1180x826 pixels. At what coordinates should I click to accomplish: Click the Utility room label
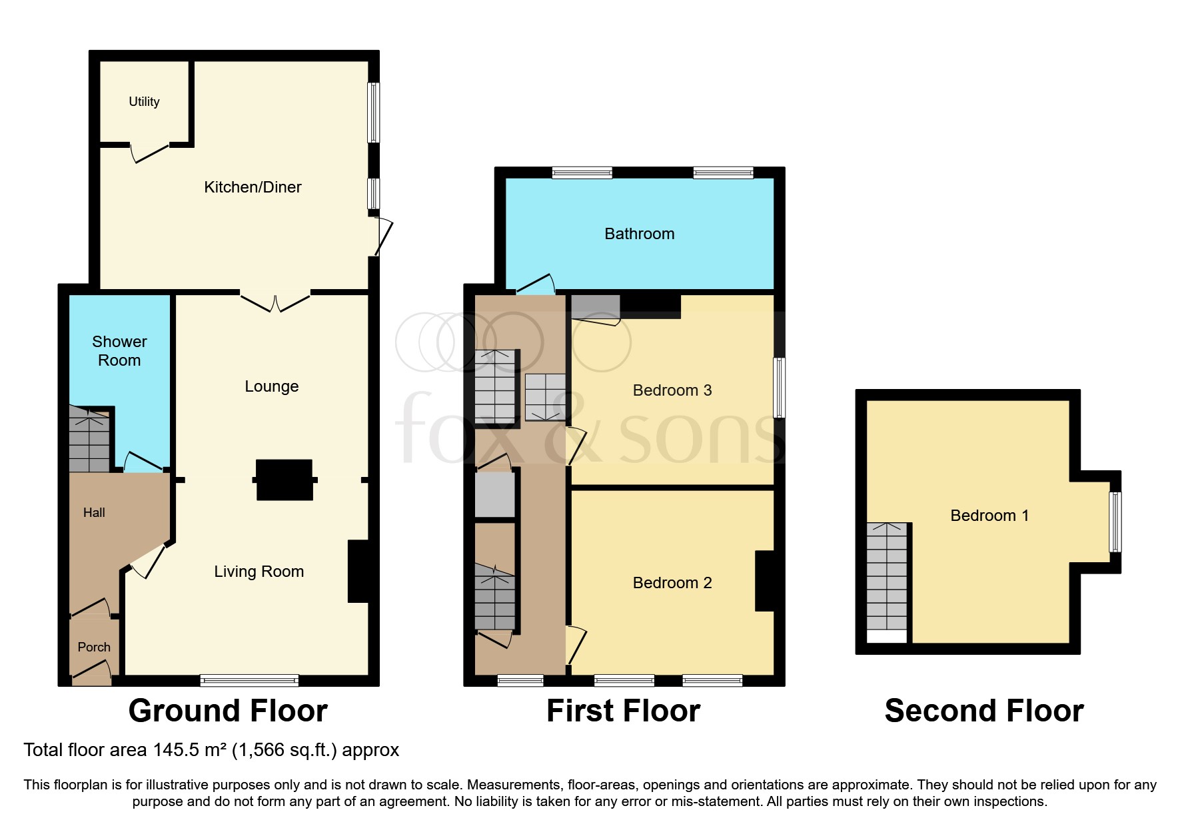coord(144,101)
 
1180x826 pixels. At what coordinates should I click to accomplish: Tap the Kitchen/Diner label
coord(253,187)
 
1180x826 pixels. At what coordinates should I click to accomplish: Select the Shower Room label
coord(119,351)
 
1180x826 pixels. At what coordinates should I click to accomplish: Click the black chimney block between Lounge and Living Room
coord(285,480)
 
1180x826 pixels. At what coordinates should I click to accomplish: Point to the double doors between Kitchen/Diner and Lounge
coord(275,301)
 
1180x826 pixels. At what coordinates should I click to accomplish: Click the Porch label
coord(94,647)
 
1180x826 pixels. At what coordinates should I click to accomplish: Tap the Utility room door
coord(149,153)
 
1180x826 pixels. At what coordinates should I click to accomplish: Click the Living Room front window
coord(249,680)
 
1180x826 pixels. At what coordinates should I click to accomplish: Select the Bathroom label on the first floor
coord(639,234)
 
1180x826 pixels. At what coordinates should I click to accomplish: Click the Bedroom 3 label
coord(672,390)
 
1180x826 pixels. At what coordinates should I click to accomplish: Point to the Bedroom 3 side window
coord(779,388)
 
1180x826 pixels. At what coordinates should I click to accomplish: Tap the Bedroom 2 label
coord(672,583)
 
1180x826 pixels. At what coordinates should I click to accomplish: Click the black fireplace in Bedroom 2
coord(764,581)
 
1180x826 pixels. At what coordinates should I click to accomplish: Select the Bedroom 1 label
coord(989,516)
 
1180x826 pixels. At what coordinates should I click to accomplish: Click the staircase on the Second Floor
coord(887,577)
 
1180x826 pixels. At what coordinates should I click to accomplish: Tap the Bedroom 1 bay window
coord(1115,522)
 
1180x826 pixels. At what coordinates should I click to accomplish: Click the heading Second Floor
coord(983,711)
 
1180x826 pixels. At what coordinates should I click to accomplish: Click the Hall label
coord(94,512)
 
